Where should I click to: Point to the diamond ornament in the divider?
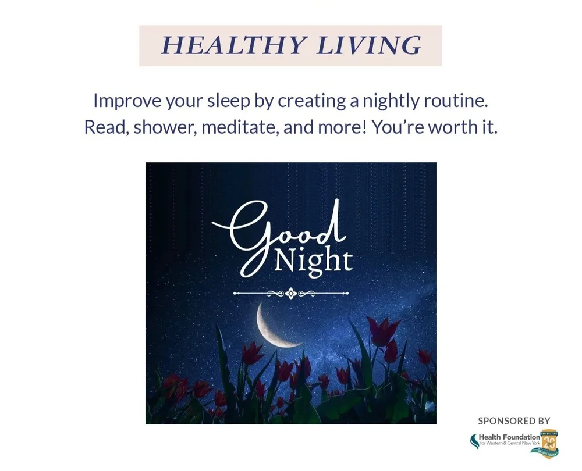[x=291, y=294]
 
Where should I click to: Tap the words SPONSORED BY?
[x=513, y=420]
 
